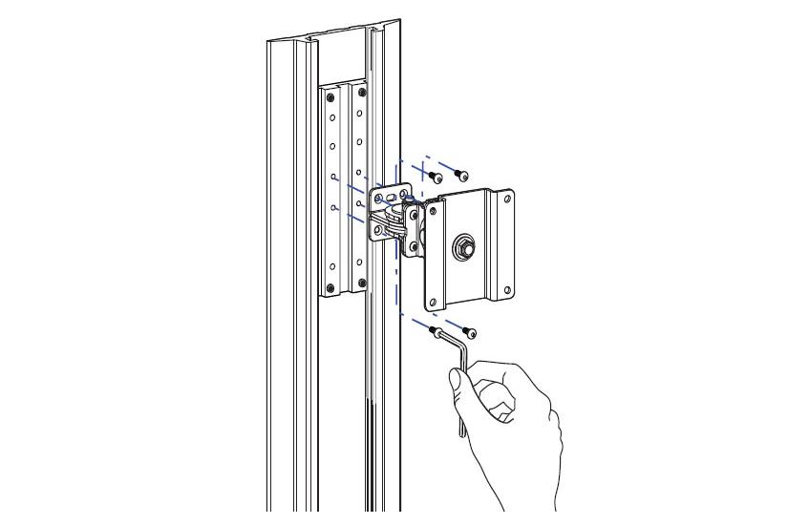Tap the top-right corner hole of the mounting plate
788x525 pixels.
(507, 199)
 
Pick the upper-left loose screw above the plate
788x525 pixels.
(436, 177)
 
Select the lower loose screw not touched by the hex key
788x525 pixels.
(469, 333)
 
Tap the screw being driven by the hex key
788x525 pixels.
(437, 331)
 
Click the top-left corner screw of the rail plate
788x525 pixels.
(331, 92)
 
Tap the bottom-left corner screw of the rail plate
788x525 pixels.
(331, 288)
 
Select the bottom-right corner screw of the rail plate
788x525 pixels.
(361, 283)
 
